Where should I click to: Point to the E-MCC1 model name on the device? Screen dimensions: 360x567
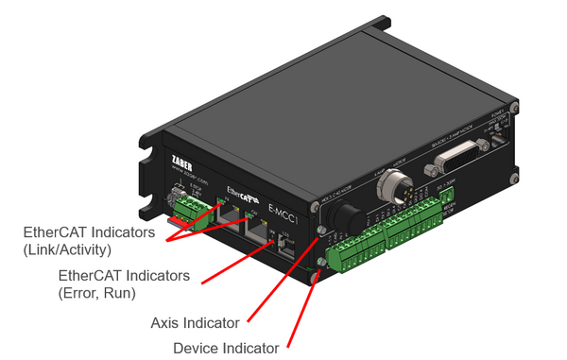[x=283, y=209]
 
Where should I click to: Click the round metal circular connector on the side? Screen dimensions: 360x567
[x=387, y=189]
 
